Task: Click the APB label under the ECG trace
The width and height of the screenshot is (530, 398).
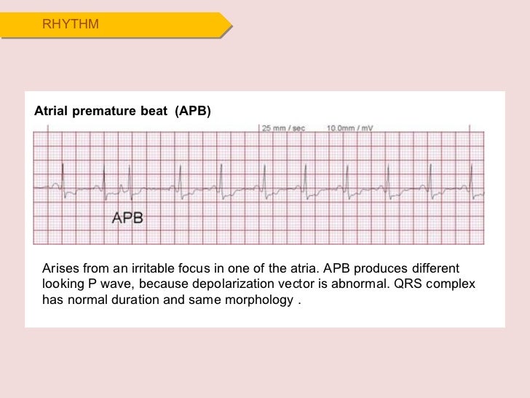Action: tap(127, 217)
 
